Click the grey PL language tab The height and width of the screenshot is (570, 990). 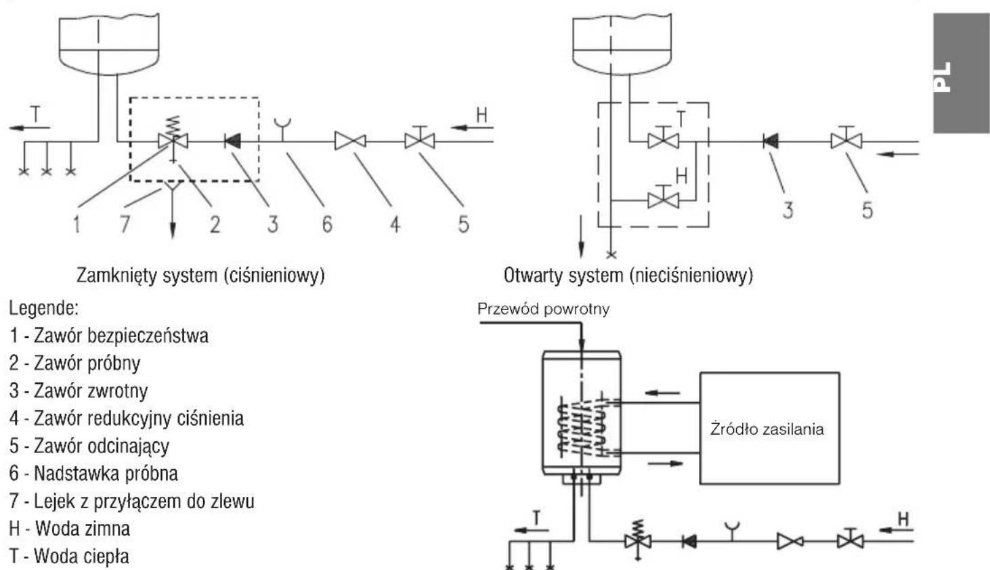point(961,73)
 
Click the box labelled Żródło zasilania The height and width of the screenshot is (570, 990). point(769,428)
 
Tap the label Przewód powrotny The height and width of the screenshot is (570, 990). point(543,309)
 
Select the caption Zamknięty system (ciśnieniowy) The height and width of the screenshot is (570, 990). point(200,276)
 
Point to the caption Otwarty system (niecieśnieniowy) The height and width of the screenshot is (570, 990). point(628,276)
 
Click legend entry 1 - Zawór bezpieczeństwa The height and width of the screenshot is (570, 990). point(109,335)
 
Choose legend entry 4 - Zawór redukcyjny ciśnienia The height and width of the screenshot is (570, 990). point(127,418)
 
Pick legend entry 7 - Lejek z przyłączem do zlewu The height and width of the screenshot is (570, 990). point(131,501)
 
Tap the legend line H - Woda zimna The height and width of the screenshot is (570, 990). point(69,529)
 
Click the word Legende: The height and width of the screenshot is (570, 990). point(44,308)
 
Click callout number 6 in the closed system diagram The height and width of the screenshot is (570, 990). point(327,224)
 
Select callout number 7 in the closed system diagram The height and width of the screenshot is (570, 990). point(125,223)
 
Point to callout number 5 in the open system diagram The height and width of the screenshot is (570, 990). point(867,211)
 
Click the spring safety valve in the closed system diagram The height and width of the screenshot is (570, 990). point(173,139)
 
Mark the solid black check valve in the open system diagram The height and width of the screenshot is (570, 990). point(771,141)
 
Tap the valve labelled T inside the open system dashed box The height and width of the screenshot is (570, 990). point(663,139)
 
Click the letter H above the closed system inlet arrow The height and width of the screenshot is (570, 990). point(481,115)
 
